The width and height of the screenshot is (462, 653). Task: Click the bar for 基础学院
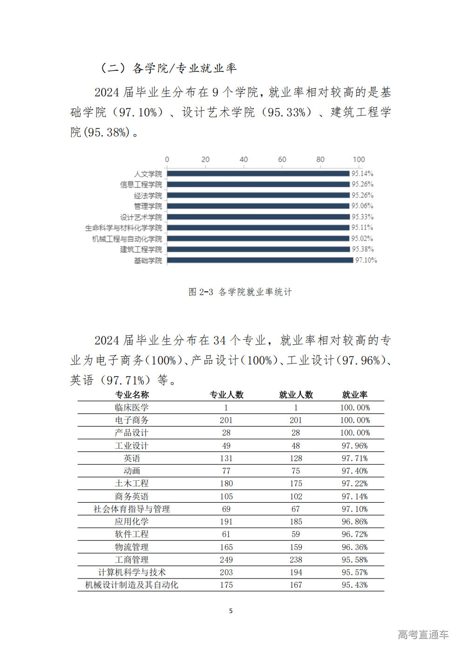pyautogui.click(x=260, y=260)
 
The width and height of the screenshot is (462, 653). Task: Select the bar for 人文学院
pyautogui.click(x=258, y=174)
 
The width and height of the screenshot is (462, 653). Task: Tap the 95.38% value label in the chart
pyautogui.click(x=362, y=249)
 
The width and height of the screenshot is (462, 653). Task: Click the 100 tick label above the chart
pyautogui.click(x=359, y=160)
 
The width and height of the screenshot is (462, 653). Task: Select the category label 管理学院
pyautogui.click(x=148, y=206)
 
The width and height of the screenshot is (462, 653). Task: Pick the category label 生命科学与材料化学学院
pyautogui.click(x=123, y=228)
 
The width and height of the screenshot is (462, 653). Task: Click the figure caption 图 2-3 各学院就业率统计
pyautogui.click(x=240, y=292)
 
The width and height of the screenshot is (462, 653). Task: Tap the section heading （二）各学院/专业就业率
pyautogui.click(x=168, y=68)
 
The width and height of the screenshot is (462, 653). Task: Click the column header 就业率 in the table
pyautogui.click(x=355, y=395)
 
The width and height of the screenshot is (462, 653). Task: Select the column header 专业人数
pyautogui.click(x=226, y=395)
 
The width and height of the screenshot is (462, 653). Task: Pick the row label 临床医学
pyautogui.click(x=131, y=408)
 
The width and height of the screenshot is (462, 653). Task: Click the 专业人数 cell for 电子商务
pyautogui.click(x=226, y=420)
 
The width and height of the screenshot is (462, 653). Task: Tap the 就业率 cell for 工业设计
pyautogui.click(x=355, y=446)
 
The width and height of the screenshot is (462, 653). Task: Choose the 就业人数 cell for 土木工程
pyautogui.click(x=296, y=484)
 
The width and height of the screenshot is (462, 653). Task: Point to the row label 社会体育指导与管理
pyautogui.click(x=131, y=509)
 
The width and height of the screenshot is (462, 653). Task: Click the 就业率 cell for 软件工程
pyautogui.click(x=355, y=534)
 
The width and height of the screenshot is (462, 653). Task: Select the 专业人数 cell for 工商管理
pyautogui.click(x=226, y=560)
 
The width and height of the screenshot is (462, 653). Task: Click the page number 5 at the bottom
pyautogui.click(x=231, y=611)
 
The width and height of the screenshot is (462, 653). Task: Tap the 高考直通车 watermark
pyautogui.click(x=423, y=635)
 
